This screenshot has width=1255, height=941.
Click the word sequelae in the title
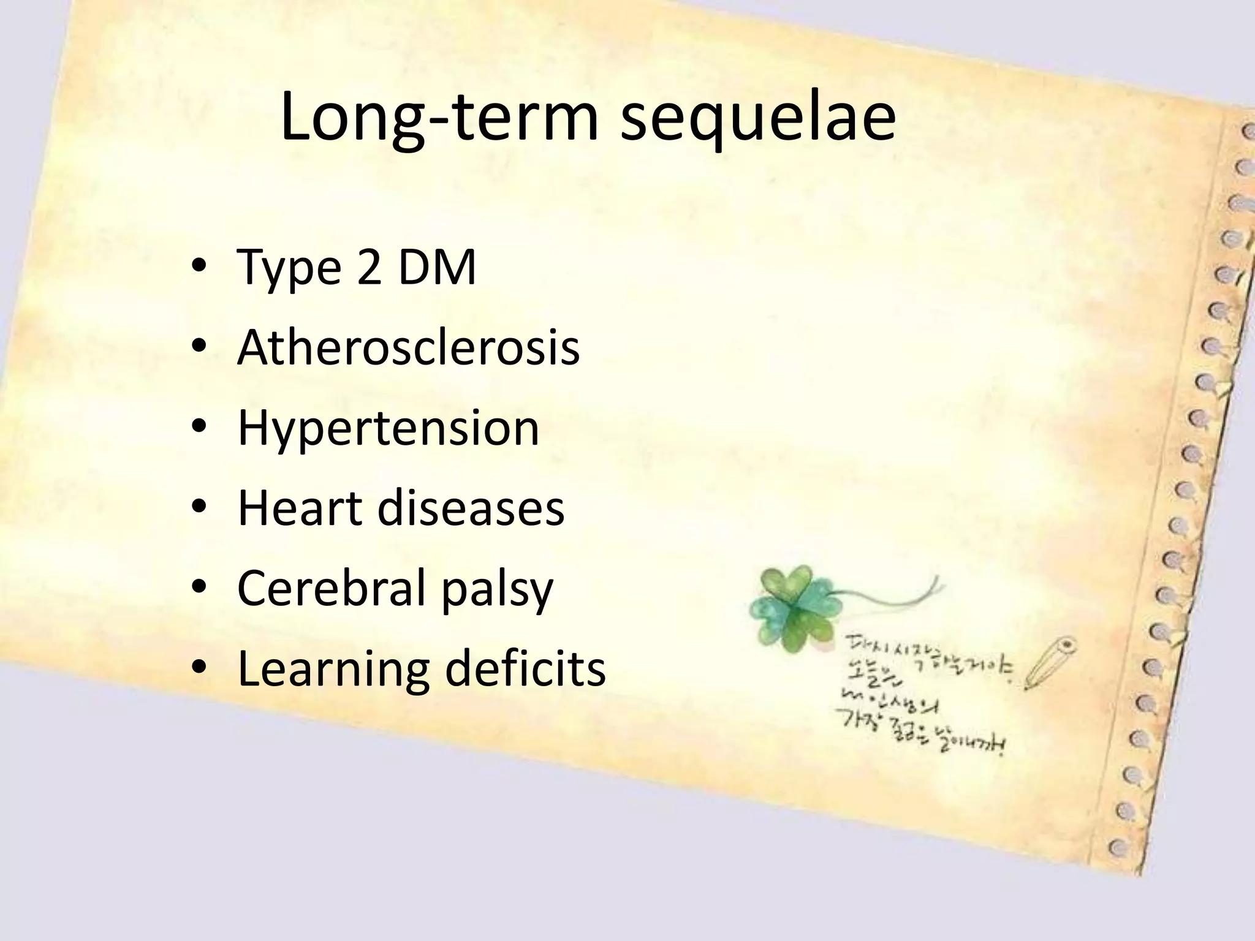point(757,118)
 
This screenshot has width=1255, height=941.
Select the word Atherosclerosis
point(408,348)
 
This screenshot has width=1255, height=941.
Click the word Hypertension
point(389,429)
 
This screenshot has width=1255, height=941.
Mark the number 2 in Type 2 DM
point(369,268)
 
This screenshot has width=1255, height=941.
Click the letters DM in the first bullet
point(436,268)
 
